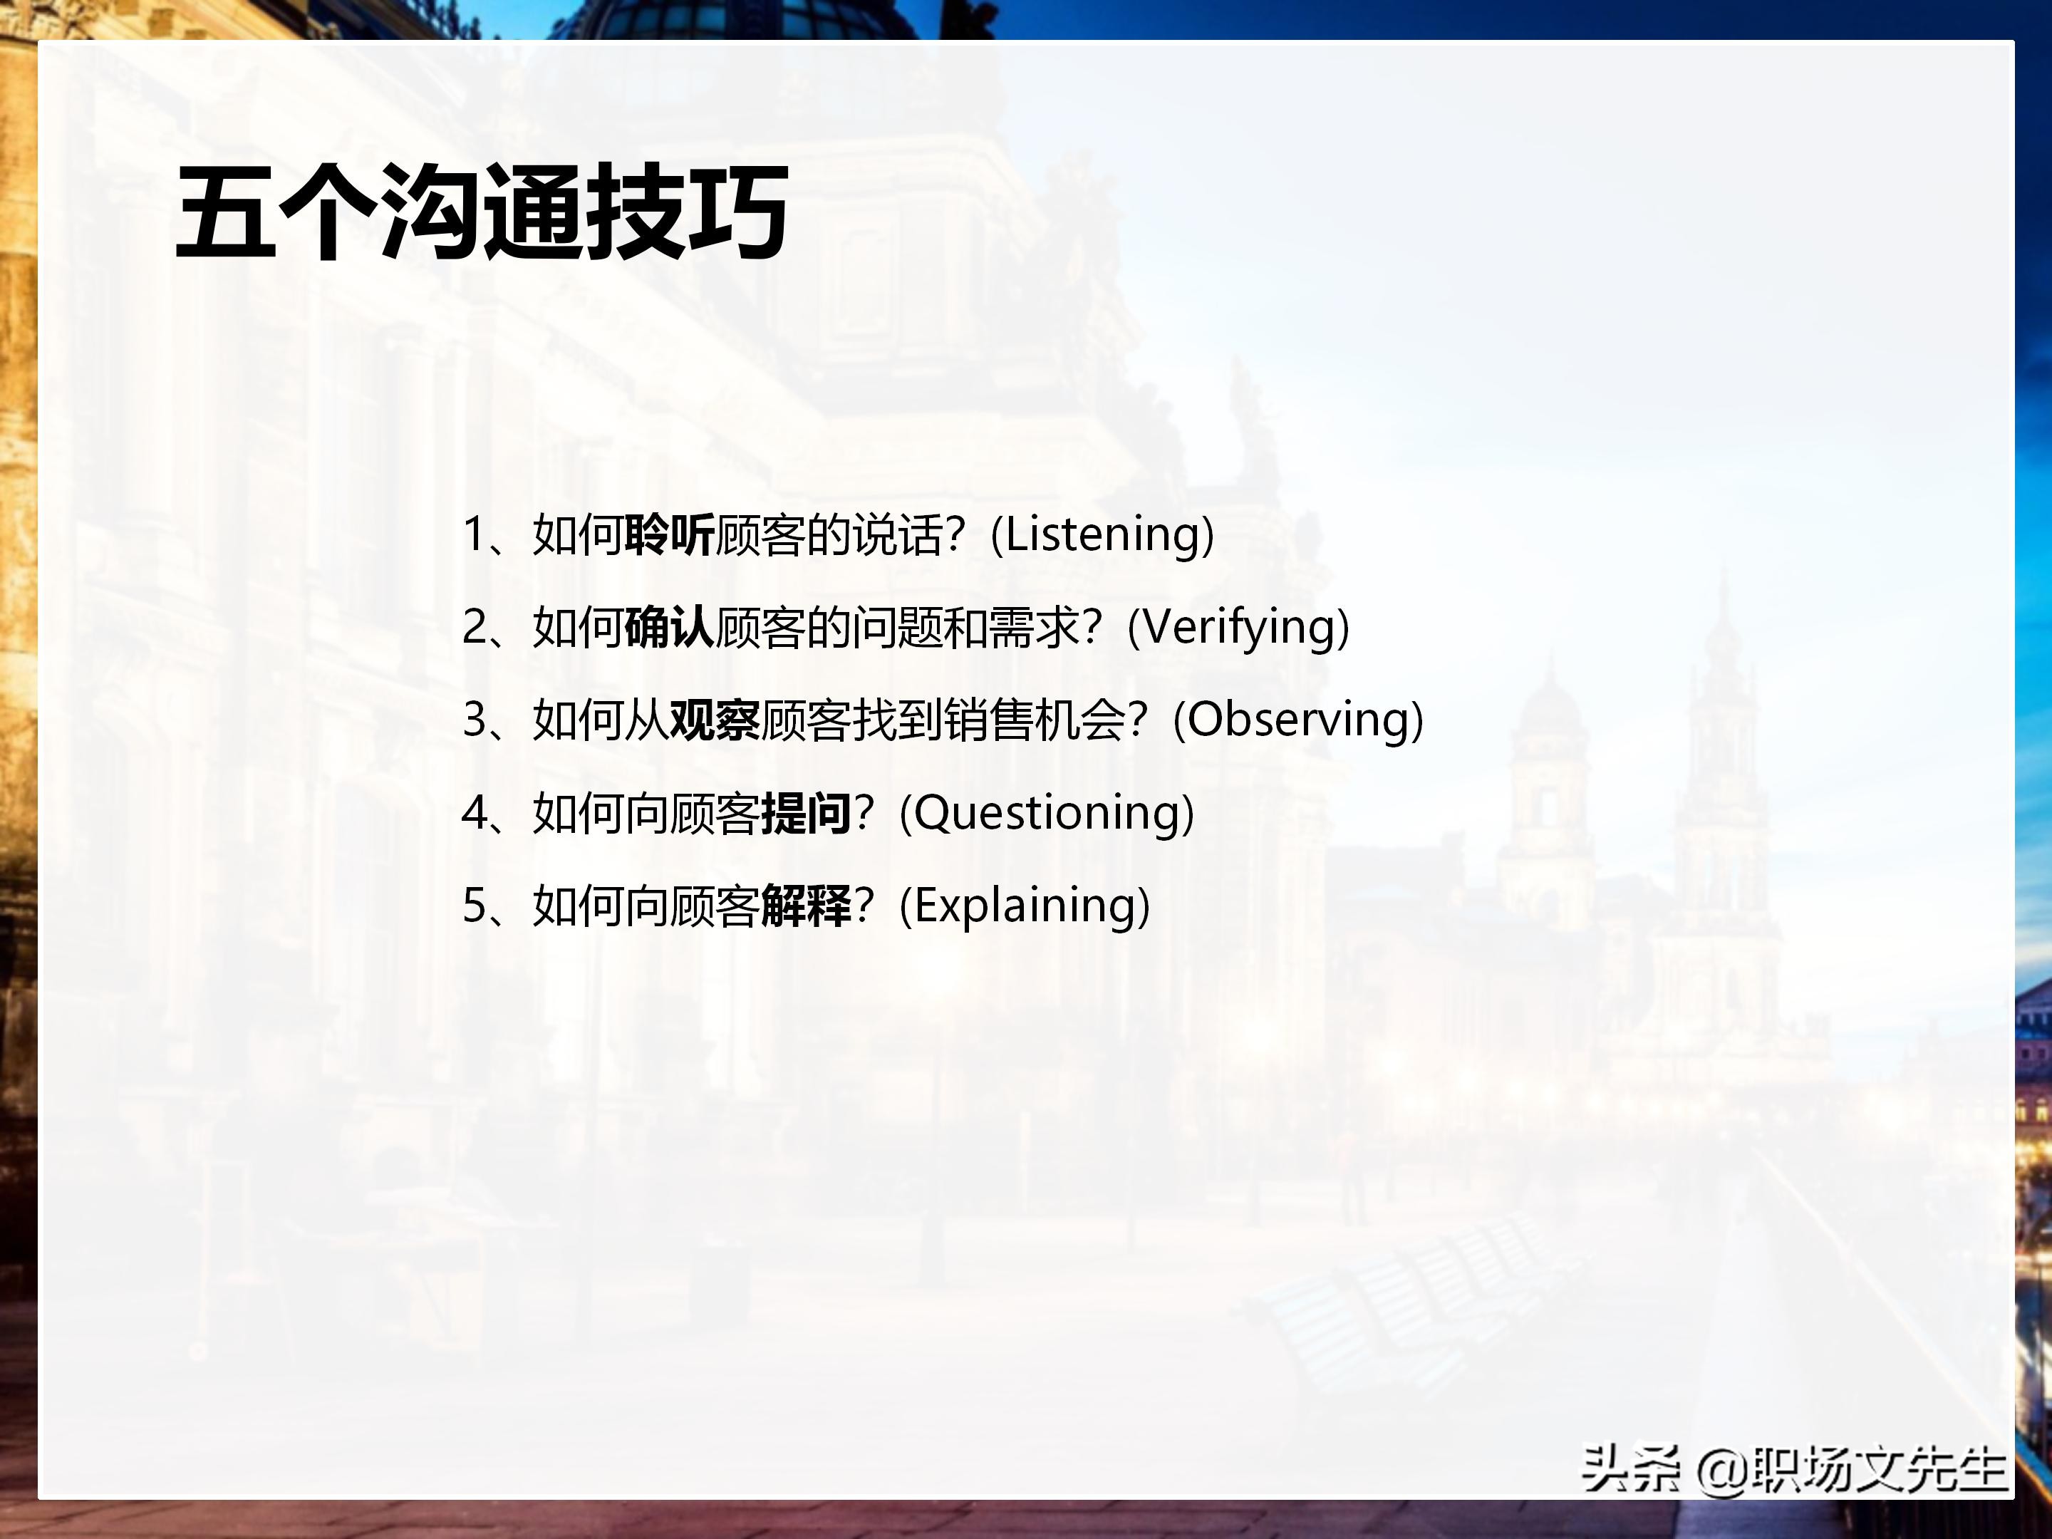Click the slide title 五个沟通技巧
click(x=482, y=212)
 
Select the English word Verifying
click(x=1238, y=628)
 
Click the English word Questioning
click(x=1047, y=814)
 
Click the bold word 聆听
click(x=670, y=535)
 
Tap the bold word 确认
click(x=670, y=628)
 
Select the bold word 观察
click(x=715, y=721)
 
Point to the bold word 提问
click(x=806, y=814)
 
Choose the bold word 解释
click(x=806, y=906)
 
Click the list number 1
click(x=474, y=535)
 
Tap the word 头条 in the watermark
click(x=1630, y=1469)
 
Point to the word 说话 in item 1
click(x=898, y=535)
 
